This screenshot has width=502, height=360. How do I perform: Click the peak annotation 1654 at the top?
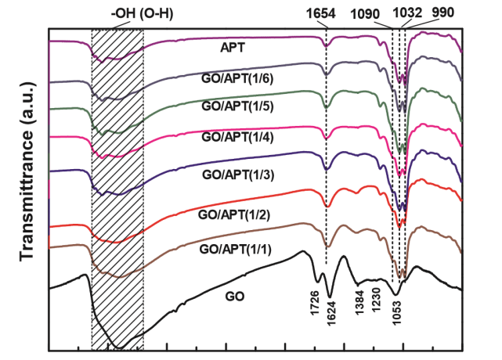(x=326, y=13)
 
